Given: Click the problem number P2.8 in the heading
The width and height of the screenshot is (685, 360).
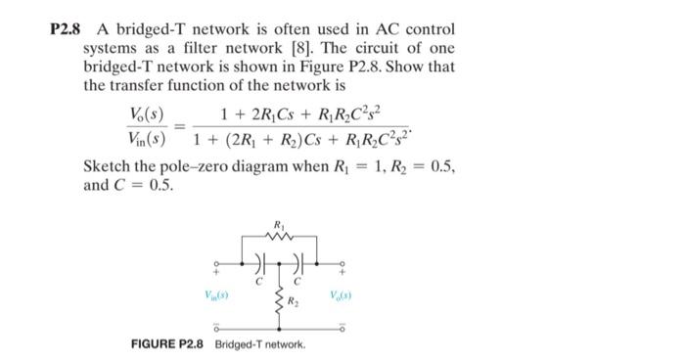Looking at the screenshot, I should coord(68,30).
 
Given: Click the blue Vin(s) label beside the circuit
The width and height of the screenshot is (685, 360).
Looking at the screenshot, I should coord(216,294).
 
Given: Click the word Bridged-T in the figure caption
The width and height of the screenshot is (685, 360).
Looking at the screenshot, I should coord(241,345).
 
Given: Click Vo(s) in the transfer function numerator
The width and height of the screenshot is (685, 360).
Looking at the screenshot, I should coord(150,115).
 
